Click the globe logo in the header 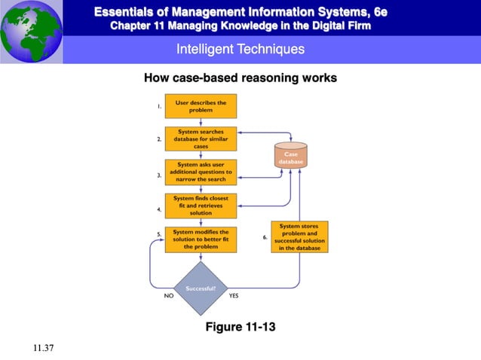(x=31, y=32)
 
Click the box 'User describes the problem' (x=201, y=106)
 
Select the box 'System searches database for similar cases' (x=201, y=139)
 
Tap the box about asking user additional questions (x=201, y=172)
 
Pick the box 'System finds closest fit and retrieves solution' (x=201, y=206)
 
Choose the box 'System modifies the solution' (x=201, y=239)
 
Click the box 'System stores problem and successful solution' (x=299, y=236)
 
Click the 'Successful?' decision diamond (x=201, y=288)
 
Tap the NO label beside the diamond (x=169, y=296)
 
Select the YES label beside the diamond (x=234, y=296)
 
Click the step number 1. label (x=159, y=107)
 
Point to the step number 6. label (x=265, y=237)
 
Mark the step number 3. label (x=159, y=175)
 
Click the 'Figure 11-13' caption (x=240, y=328)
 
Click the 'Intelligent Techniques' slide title (x=240, y=49)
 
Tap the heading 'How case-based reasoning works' (x=240, y=78)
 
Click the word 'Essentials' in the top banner (x=124, y=11)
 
